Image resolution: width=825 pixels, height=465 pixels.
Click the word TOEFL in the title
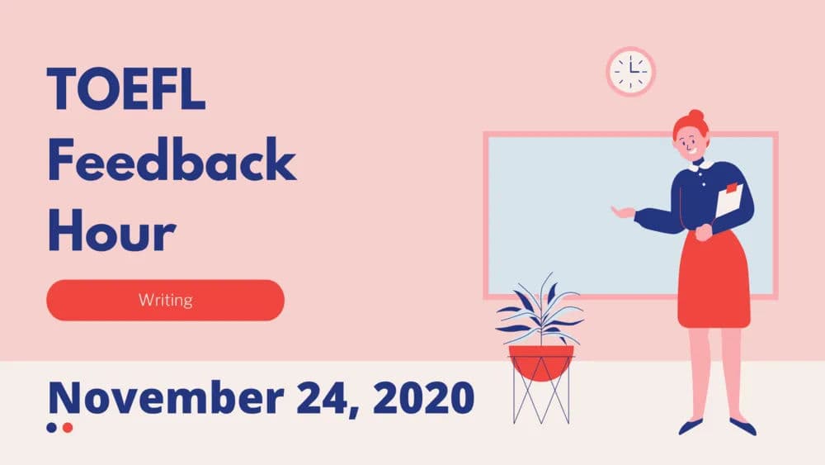click(x=125, y=89)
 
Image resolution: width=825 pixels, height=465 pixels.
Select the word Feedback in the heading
click(x=171, y=161)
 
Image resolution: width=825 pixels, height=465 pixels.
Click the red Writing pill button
click(x=165, y=300)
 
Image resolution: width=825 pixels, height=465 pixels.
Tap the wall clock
click(x=630, y=72)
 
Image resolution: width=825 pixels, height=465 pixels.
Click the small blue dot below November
click(x=52, y=427)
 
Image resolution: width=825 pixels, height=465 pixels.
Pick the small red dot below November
click(x=68, y=427)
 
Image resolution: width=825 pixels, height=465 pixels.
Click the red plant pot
click(x=540, y=361)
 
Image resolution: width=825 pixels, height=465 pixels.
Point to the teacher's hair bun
click(x=696, y=116)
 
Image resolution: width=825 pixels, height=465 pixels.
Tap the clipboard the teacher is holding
click(x=728, y=202)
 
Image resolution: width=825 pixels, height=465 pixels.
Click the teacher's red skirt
click(x=714, y=281)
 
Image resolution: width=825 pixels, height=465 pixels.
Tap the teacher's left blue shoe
click(x=690, y=426)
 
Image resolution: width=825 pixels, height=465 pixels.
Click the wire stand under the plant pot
click(x=540, y=401)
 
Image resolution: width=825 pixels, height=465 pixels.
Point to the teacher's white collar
click(x=698, y=166)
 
